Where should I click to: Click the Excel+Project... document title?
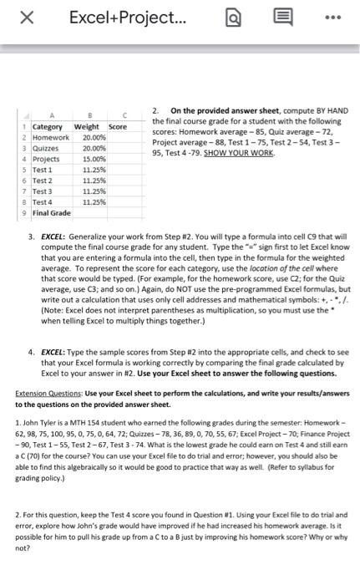122,18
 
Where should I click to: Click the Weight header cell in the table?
87,126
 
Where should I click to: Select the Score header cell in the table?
118,126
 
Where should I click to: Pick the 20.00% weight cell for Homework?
94,136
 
